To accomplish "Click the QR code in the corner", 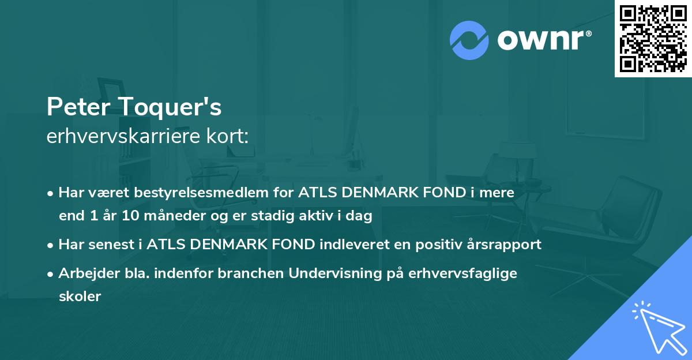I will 653,39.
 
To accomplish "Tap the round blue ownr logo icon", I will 469,40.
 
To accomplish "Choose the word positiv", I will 429,245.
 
